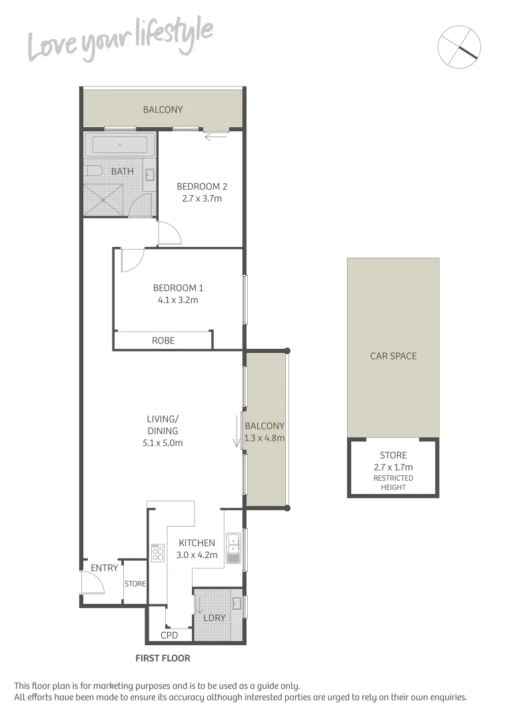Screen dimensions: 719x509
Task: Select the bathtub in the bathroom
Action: click(120, 144)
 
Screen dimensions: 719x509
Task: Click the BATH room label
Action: click(122, 171)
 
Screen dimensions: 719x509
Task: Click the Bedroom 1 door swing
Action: click(131, 260)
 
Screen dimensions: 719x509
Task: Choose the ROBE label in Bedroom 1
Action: click(163, 340)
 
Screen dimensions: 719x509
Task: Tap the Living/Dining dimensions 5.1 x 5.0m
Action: click(163, 443)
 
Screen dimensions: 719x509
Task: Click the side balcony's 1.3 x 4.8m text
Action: click(264, 438)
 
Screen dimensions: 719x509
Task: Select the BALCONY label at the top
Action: click(163, 109)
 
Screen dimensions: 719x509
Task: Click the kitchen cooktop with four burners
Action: click(157, 553)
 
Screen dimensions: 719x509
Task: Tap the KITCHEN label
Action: click(197, 543)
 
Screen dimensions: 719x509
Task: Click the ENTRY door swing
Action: click(91, 584)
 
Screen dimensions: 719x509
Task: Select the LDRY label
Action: click(215, 618)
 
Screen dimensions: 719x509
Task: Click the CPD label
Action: click(169, 635)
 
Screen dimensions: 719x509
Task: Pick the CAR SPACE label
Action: click(393, 356)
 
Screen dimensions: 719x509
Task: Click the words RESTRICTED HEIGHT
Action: click(393, 483)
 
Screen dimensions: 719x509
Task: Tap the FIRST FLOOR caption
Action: click(163, 658)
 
